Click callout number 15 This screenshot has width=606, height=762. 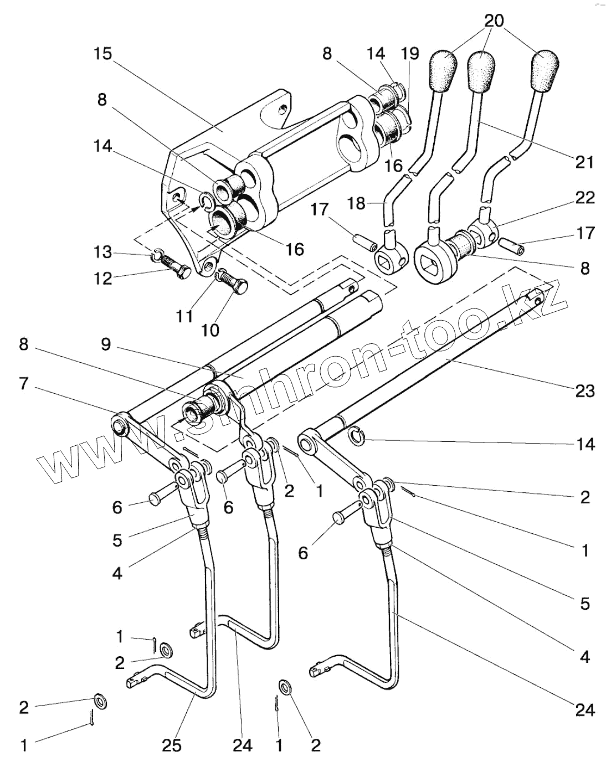pos(102,54)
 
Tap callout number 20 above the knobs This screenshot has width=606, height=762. pos(494,21)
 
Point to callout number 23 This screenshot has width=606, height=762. pos(584,390)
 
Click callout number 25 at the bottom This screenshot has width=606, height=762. pos(172,745)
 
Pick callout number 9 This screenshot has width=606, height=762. pos(106,345)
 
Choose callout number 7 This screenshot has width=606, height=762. pos(23,383)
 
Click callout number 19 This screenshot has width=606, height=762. pos(410,54)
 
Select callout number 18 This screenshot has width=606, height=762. pos(357,203)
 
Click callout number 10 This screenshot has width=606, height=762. pos(210,330)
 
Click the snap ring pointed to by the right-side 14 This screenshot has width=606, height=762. pos(358,437)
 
